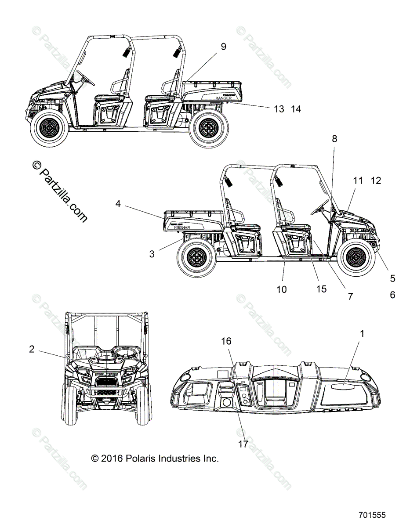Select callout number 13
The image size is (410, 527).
[279, 109]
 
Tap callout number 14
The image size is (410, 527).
[296, 109]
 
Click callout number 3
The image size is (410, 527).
[152, 254]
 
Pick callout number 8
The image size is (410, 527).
[334, 139]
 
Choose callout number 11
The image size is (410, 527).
[358, 180]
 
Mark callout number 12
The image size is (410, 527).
[376, 180]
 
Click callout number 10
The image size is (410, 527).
[281, 289]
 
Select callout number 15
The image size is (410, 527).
[321, 289]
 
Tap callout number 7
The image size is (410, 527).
[350, 296]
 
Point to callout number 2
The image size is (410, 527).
[31, 349]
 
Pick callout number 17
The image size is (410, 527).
[243, 444]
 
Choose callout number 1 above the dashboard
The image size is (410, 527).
[362, 334]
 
